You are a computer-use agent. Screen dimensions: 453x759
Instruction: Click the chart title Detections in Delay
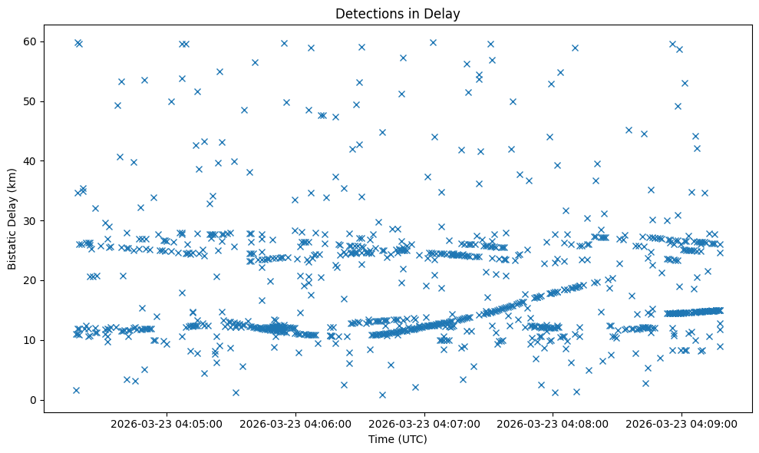(398, 13)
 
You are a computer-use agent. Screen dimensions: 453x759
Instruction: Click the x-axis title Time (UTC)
(398, 439)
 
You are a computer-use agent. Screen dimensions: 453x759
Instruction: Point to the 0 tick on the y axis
(32, 400)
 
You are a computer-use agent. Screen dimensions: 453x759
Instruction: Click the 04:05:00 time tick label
(167, 423)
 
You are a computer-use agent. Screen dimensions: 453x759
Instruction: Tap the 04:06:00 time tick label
(295, 423)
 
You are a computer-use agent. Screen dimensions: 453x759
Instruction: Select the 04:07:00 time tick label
(424, 423)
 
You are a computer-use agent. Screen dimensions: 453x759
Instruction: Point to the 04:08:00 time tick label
(553, 423)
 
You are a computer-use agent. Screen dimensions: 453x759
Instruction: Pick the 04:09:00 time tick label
(682, 423)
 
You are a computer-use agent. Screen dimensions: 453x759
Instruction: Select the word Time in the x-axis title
(380, 439)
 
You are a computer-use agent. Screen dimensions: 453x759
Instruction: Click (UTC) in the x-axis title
(412, 439)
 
